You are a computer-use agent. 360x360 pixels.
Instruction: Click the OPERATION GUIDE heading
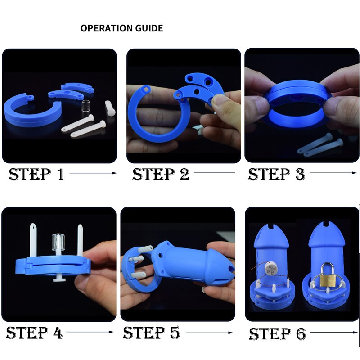coord(121,28)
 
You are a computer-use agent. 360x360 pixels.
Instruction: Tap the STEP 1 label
coord(36,174)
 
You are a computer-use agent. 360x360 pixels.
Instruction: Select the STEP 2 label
coord(161,174)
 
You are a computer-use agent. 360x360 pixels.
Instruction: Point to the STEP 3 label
coord(276,174)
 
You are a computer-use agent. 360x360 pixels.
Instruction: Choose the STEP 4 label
coord(35,333)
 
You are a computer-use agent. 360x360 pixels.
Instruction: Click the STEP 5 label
coord(152,333)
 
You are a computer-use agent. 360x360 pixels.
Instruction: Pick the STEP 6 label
coord(277,333)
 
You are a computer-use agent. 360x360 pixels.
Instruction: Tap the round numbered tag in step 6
coord(271,269)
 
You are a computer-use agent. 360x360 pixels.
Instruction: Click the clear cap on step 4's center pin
coord(58,242)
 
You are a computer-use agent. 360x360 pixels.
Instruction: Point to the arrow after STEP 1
coord(93,173)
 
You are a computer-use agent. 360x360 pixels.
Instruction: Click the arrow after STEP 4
coord(90,332)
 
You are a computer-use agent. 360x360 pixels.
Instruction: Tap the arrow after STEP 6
coord(334,332)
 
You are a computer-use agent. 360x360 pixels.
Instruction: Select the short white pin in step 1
coord(110,108)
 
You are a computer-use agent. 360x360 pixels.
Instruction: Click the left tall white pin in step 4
coord(33,240)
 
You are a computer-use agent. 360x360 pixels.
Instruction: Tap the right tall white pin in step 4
coord(80,240)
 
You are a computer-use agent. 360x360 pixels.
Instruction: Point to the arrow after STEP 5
coord(210,333)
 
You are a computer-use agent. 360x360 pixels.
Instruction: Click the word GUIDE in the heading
coord(149,28)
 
